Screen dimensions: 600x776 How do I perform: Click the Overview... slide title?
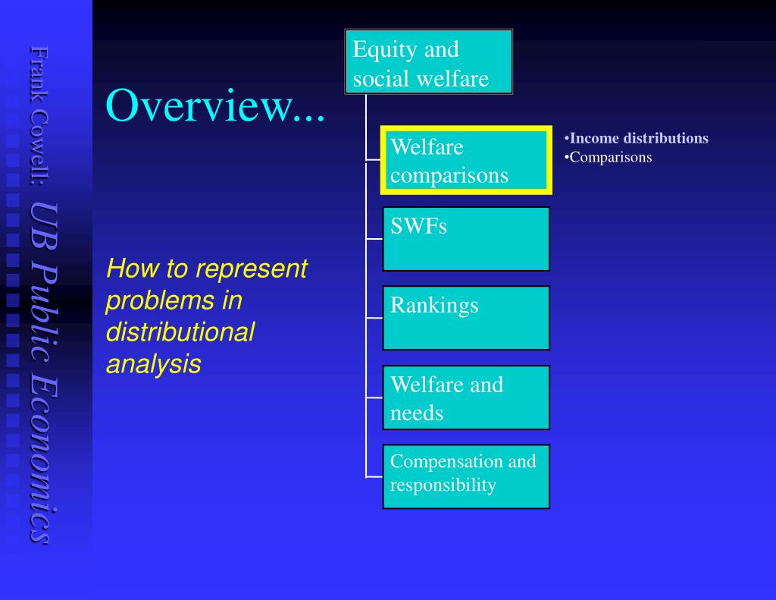[215, 105]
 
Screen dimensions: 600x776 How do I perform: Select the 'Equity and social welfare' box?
[429, 62]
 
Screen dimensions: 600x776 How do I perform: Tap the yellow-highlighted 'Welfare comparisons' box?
[466, 161]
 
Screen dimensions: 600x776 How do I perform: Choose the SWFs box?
[466, 239]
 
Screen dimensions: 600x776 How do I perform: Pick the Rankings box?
[466, 318]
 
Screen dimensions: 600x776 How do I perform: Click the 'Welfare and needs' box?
[466, 397]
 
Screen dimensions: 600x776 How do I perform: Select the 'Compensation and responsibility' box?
[466, 476]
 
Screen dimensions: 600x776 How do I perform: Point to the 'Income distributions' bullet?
[638, 138]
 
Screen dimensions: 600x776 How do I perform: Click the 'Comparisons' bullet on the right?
[610, 157]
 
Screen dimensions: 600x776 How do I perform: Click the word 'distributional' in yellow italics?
[180, 332]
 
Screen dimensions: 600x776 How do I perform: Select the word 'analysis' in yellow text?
[153, 364]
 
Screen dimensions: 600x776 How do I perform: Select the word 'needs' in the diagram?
[416, 413]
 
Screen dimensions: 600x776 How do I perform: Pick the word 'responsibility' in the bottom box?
[443, 485]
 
